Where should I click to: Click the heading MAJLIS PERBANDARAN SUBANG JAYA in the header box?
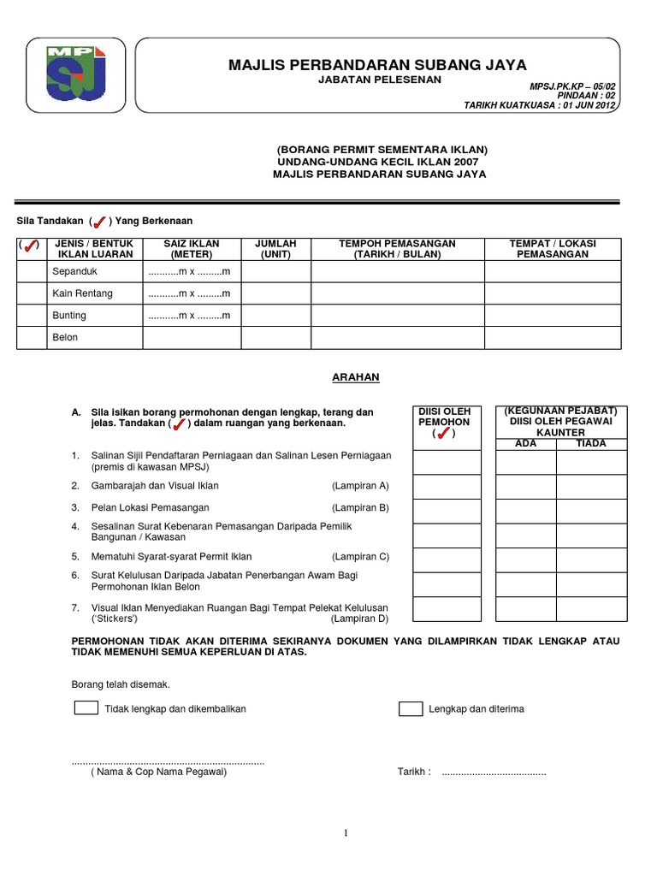point(377,65)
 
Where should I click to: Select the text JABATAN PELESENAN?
point(380,80)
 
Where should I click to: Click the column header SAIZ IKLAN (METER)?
point(192,249)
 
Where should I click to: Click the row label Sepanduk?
point(70,271)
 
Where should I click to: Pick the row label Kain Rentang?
point(82,293)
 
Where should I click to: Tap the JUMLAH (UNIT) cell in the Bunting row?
point(275,316)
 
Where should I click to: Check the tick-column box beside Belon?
point(31,338)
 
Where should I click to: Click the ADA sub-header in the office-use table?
point(525,444)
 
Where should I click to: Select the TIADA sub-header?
point(591,444)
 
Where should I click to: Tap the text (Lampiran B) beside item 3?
point(360,508)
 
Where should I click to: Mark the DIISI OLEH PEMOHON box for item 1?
point(447,462)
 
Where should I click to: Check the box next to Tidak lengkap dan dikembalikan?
point(86,708)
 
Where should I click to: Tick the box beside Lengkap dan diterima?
point(411,708)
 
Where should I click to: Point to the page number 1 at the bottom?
point(345,834)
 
